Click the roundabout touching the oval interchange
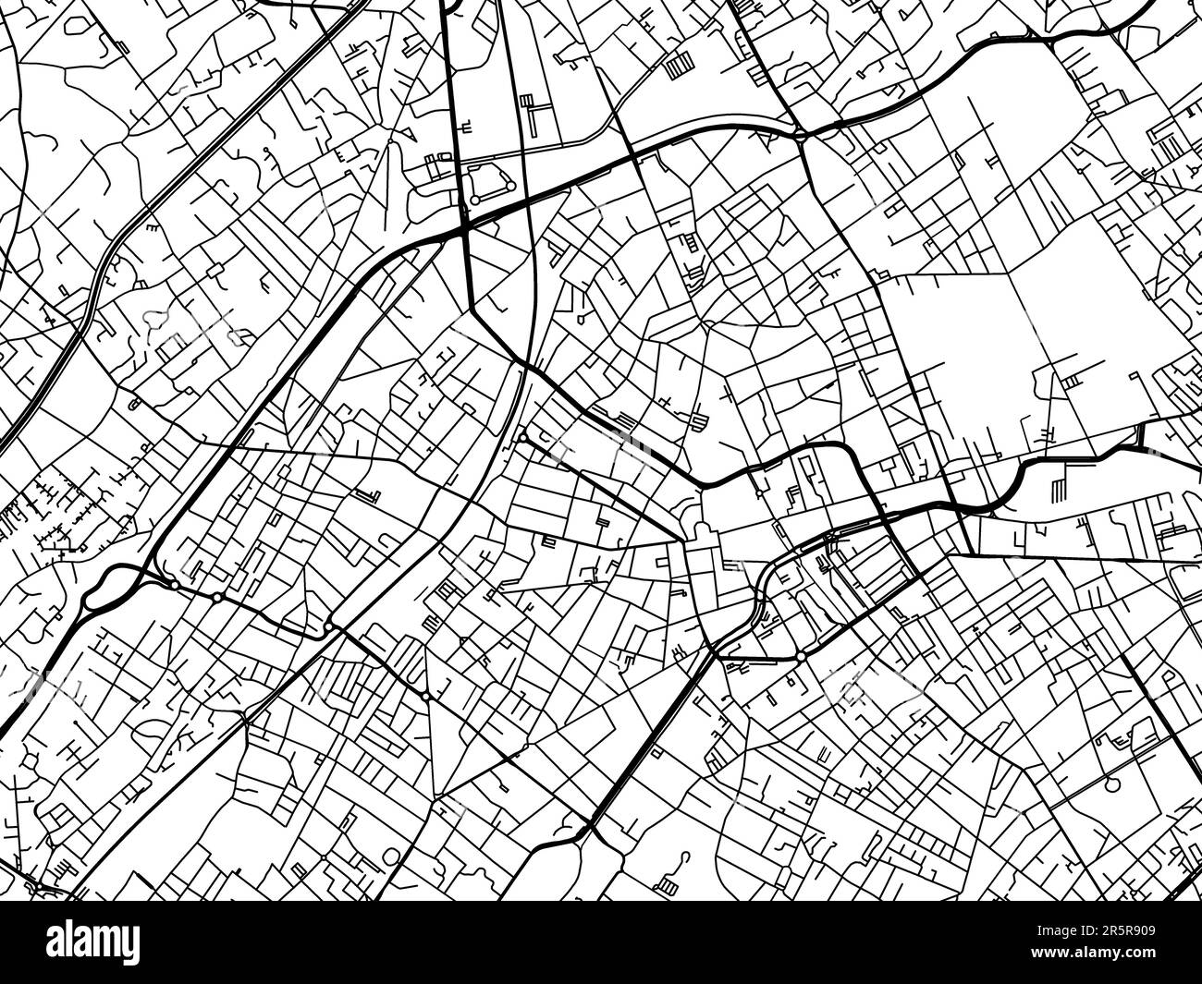pyautogui.click(x=174, y=585)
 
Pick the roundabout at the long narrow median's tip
pyautogui.click(x=328, y=627)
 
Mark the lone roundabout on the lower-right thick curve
pyautogui.click(x=801, y=656)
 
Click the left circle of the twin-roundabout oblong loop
pyautogui.click(x=474, y=200)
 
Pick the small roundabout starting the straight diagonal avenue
pyautogui.click(x=523, y=437)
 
